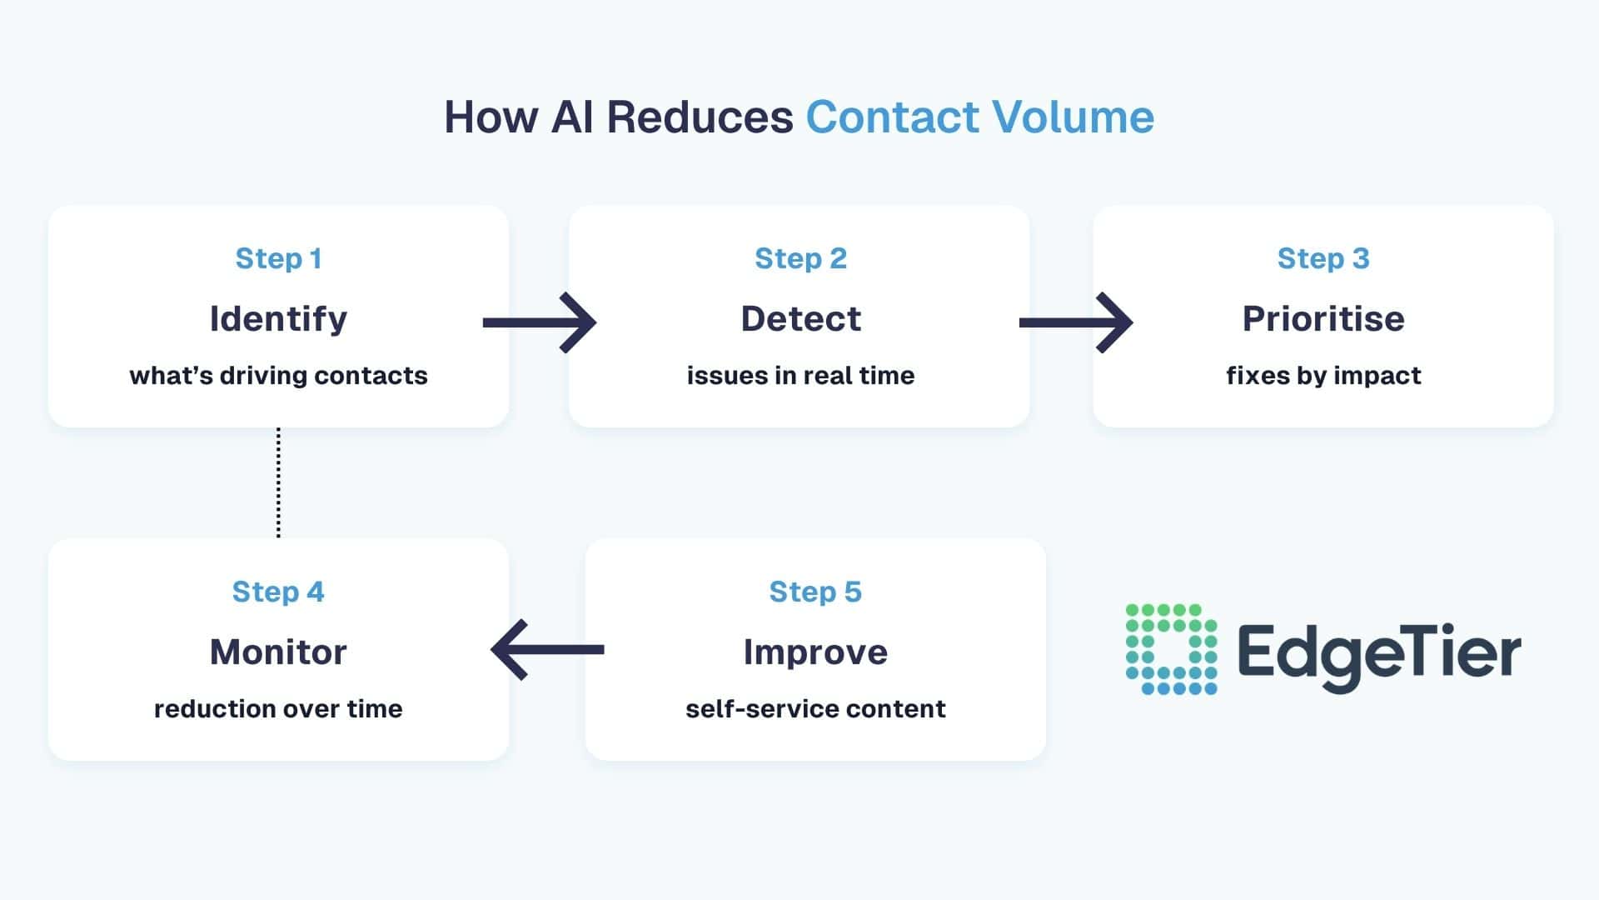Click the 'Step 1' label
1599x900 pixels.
coord(278,258)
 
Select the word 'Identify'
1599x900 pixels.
coord(278,319)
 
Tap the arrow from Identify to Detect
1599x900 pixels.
coord(540,322)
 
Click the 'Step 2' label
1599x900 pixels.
coord(800,258)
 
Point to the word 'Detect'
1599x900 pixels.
coord(800,319)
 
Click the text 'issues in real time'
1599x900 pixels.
coord(800,376)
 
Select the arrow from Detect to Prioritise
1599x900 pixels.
coord(1076,322)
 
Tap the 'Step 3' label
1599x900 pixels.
coord(1323,258)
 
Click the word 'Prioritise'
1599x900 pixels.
coord(1323,319)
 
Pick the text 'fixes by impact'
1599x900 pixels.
coord(1323,376)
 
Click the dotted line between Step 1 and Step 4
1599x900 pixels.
coord(278,483)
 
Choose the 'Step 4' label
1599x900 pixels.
coord(278,592)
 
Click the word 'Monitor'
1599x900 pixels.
coord(278,652)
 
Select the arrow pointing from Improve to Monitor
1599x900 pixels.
coord(548,649)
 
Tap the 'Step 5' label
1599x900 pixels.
coord(815,592)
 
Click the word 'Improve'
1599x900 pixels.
coord(815,652)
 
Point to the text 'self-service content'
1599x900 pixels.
coord(815,709)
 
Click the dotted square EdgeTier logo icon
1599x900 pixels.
coord(1171,649)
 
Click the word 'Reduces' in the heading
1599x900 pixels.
coord(700,117)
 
